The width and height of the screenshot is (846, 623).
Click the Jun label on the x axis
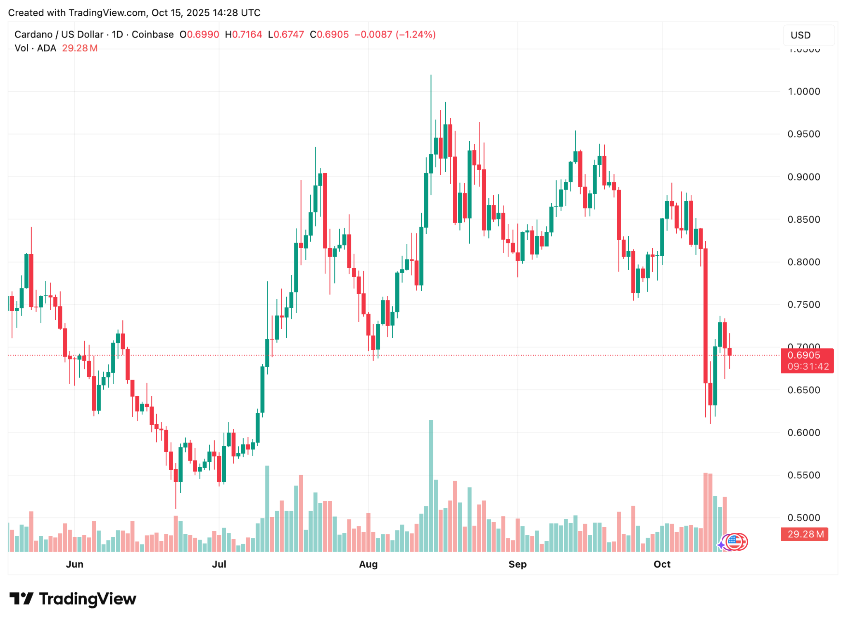point(75,564)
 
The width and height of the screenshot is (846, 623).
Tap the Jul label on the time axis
point(219,564)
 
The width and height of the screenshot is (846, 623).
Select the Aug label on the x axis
point(368,564)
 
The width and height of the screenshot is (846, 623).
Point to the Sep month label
point(517,564)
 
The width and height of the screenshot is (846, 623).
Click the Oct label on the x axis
point(662,564)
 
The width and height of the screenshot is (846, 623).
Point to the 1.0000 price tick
point(803,91)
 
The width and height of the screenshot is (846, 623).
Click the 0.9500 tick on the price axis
point(803,134)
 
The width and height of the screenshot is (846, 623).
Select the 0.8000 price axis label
point(803,262)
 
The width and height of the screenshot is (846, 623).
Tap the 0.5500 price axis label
point(803,475)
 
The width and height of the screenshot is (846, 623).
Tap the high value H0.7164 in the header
point(244,34)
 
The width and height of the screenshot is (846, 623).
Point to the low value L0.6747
point(286,34)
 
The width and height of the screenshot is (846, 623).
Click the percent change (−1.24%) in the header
point(416,34)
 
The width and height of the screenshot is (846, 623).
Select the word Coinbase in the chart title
point(152,34)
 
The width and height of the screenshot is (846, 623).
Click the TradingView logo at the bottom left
point(73,599)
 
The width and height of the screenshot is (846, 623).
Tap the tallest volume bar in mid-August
point(431,485)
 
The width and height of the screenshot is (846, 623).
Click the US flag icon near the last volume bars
point(734,541)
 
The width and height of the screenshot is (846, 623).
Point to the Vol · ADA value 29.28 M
point(80,48)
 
